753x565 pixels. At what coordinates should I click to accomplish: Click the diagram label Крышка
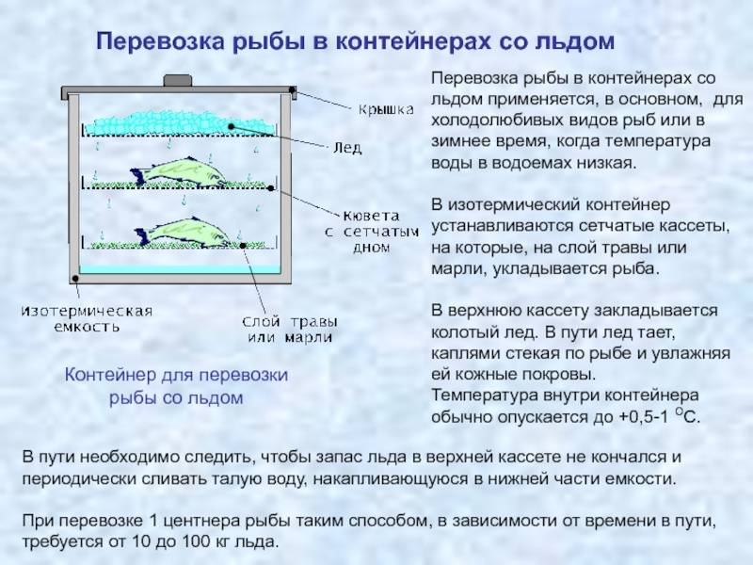(386, 110)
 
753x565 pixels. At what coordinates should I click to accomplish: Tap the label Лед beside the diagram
(347, 148)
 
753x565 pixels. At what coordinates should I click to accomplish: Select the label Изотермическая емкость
(87, 319)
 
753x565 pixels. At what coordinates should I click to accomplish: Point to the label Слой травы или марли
(290, 329)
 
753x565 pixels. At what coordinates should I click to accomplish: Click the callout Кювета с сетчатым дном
(372, 232)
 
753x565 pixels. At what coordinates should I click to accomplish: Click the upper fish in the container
(180, 172)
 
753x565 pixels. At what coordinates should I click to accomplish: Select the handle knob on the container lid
(178, 80)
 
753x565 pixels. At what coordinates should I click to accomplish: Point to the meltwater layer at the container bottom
(180, 269)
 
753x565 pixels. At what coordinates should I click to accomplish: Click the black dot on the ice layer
(231, 126)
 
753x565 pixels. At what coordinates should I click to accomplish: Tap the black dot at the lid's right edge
(292, 89)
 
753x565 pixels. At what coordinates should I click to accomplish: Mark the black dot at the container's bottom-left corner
(75, 278)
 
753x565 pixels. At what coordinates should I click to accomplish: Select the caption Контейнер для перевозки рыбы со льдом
(176, 386)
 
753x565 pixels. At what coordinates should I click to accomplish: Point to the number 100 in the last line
(196, 541)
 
